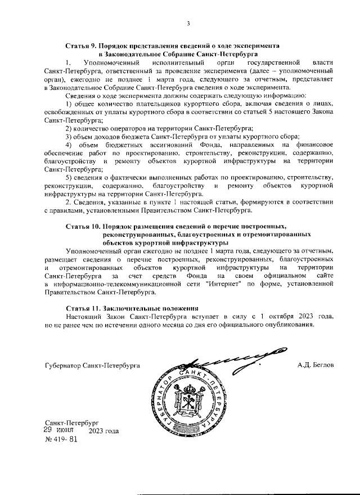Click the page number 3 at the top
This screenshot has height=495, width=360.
188,23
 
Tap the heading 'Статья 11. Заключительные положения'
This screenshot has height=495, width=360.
132,308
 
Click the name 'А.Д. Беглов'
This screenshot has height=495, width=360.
316,365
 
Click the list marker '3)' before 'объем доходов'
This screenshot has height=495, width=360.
69,137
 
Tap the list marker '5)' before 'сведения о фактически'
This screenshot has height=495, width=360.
69,177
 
